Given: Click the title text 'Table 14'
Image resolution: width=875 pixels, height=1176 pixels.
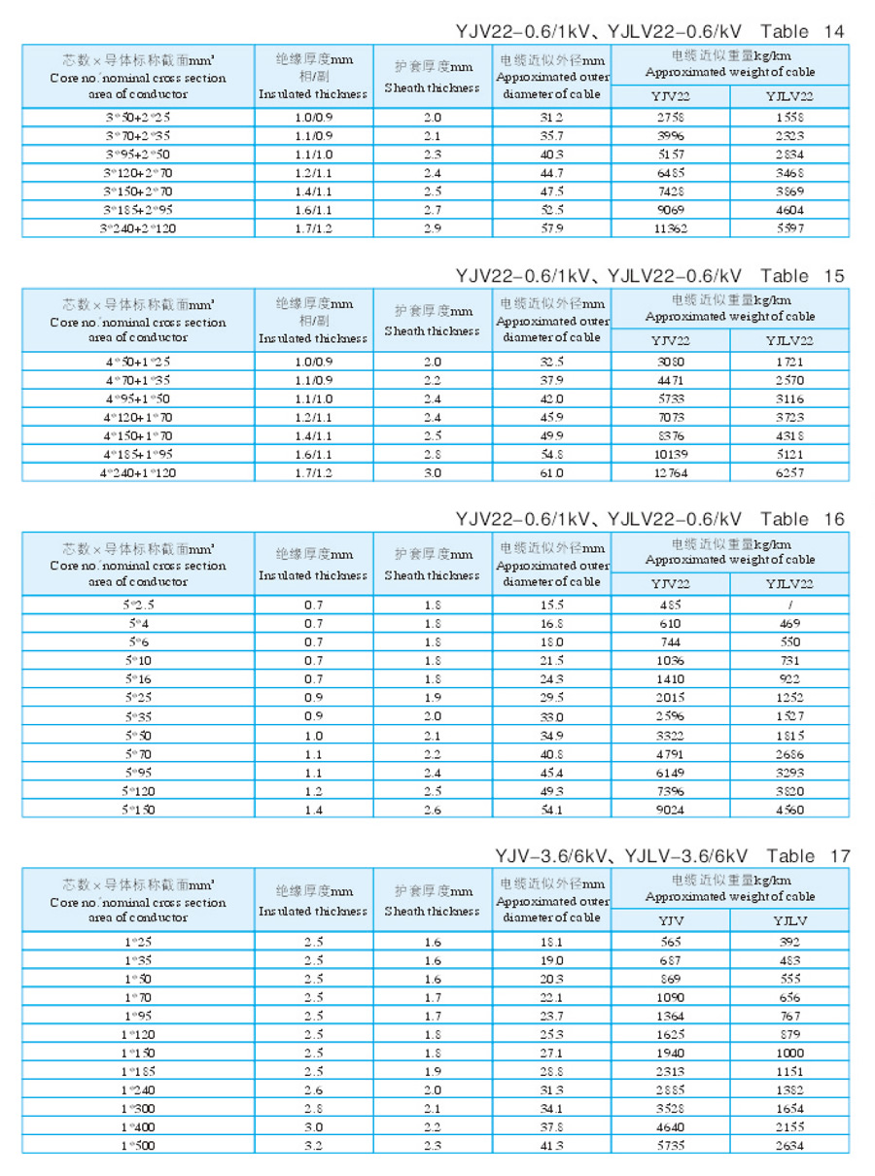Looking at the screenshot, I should pos(802,31).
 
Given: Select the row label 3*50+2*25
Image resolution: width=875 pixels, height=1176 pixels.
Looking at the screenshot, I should pos(138,117).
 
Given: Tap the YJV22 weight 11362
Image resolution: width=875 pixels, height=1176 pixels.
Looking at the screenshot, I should pos(671,228).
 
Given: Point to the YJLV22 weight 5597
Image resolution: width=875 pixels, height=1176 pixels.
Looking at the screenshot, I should pos(789,228).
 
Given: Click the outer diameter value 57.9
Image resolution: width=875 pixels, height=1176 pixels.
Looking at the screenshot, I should pos(552,228).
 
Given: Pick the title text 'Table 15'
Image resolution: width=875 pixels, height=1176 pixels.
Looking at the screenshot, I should pos(802,276).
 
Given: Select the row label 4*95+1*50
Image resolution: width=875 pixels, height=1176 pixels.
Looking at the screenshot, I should pos(138,398).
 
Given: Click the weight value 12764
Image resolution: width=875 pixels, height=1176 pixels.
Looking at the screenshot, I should pos(671,473).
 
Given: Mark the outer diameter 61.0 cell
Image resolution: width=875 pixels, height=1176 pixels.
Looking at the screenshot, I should pos(552,473).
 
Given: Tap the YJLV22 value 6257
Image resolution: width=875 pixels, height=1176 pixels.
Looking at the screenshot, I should pos(789,473).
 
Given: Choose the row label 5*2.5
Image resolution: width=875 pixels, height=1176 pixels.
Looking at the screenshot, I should pos(138,605).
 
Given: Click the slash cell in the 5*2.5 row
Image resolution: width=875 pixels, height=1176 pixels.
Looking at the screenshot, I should pos(789,605).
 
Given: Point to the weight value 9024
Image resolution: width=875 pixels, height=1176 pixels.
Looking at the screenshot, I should pos(671,809).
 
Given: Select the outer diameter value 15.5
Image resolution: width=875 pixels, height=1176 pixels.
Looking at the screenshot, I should pos(552,605).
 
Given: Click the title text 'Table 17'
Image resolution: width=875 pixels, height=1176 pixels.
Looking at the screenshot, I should pos(808,856).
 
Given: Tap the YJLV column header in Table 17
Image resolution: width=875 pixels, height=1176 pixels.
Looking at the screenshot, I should pos(789,920).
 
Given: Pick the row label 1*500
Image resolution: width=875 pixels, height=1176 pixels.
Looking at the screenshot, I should pos(138,1145).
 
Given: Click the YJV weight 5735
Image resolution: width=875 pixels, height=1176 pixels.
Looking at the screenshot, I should pos(671,1145).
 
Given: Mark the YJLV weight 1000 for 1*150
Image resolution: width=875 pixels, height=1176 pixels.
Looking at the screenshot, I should pos(789,1053).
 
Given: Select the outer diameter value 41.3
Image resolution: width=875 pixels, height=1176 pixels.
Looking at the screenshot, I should pos(552,1145).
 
